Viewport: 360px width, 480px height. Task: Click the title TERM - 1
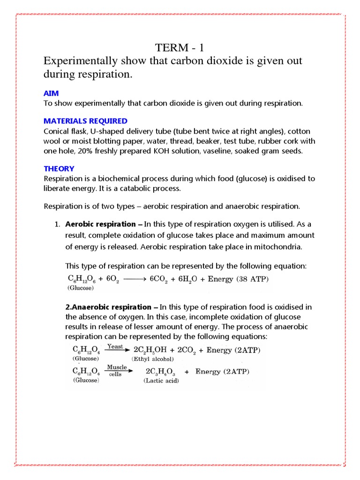pos(180,48)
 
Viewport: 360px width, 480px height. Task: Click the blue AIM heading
pos(51,94)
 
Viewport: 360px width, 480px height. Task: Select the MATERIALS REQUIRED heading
pos(85,121)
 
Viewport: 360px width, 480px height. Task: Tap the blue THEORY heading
pos(59,168)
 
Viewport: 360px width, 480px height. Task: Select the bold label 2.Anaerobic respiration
pos(108,307)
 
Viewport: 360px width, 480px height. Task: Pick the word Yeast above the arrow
pos(115,346)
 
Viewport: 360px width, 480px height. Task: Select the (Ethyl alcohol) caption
pos(153,359)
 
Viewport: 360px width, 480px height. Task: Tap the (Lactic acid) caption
pos(161,381)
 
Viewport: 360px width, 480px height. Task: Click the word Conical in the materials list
pos(56,132)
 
